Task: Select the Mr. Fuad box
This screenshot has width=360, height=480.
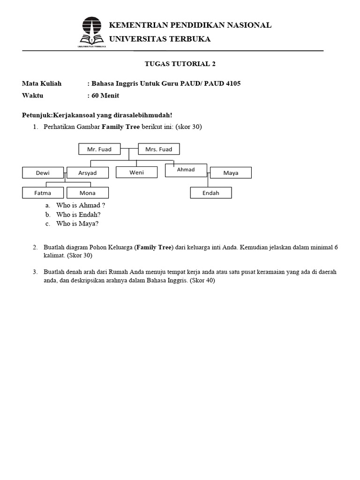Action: [99, 149]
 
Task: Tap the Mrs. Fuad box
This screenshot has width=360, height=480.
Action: [159, 149]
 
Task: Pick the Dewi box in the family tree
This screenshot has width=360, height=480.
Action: [43, 172]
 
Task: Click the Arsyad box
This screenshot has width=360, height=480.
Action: [88, 172]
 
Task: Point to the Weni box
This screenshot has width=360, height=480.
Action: [137, 172]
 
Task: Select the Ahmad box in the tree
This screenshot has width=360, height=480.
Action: [186, 170]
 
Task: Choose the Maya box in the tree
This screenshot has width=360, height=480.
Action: [231, 172]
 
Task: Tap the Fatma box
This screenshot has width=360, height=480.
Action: [43, 193]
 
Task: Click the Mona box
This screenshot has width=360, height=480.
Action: [88, 193]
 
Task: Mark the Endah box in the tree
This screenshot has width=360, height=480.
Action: [210, 193]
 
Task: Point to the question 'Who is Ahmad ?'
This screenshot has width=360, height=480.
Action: [80, 205]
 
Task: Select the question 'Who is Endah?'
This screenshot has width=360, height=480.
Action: [78, 214]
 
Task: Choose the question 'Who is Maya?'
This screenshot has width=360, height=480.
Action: [77, 224]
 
